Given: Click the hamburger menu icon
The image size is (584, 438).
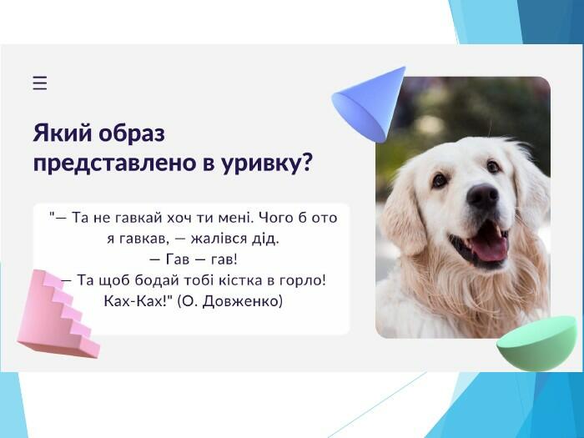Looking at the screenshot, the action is point(40,83).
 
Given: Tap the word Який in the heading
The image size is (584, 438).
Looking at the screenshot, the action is point(63,133).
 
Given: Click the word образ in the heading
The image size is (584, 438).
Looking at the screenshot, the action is point(132,133).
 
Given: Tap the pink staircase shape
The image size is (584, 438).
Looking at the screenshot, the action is point(58,314).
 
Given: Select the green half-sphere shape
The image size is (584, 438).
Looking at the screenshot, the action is point(536,344).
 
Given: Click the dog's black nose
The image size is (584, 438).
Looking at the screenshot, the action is point(483,195).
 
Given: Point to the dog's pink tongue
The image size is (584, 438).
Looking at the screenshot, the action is point(490,246).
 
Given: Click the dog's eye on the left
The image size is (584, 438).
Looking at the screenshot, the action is point(440,180).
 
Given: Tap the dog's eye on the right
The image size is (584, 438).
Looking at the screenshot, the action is point(493,167).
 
